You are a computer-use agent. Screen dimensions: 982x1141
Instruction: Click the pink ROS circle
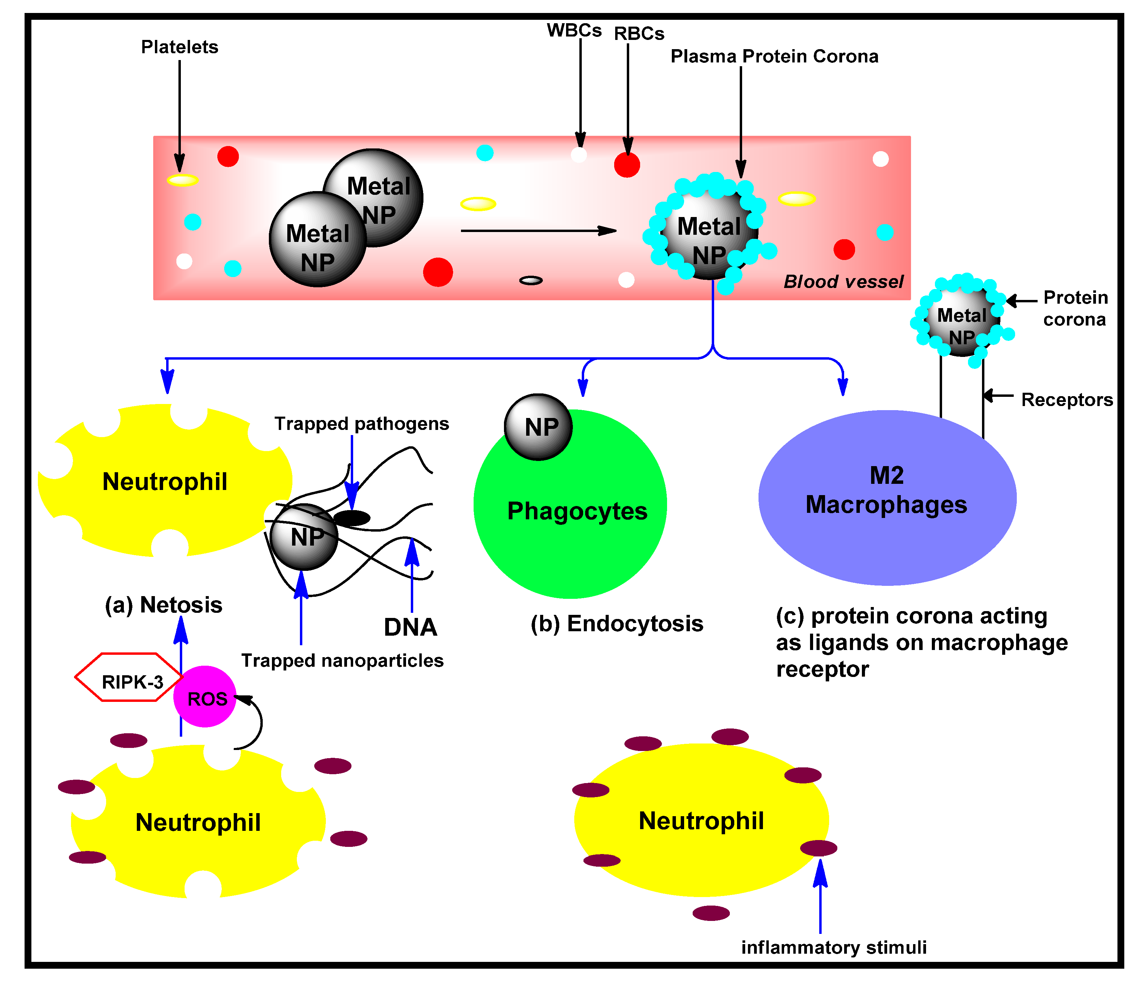[205, 697]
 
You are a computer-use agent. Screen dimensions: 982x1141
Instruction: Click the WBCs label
[574, 30]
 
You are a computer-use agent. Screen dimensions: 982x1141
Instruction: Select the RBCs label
[639, 33]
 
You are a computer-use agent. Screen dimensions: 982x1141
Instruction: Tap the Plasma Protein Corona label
[774, 56]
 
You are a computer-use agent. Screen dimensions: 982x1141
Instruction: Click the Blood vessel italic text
[843, 281]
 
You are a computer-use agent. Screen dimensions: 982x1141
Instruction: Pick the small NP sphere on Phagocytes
[538, 427]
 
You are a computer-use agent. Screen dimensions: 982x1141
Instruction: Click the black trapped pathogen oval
[352, 518]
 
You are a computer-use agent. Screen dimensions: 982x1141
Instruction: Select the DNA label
[410, 627]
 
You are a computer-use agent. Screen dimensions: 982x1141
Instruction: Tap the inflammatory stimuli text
[833, 947]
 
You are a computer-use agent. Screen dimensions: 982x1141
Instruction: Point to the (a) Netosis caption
[163, 605]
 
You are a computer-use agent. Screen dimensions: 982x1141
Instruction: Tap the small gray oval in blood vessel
[531, 281]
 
